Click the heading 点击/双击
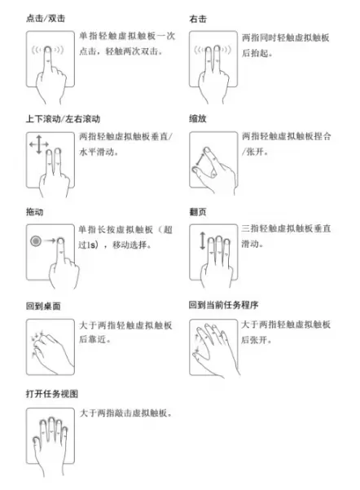point(46,19)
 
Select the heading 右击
point(198,19)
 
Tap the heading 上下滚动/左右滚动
point(63,119)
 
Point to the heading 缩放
point(198,119)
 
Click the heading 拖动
point(34,212)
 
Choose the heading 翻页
point(198,212)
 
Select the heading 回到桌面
point(43,306)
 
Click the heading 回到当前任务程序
point(223,305)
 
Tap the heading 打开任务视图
point(52,394)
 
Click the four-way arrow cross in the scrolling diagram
point(39,144)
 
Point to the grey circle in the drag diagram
point(36,241)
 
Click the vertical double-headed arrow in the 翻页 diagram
point(203,241)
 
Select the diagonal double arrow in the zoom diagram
point(200,159)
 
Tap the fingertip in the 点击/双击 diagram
point(48,50)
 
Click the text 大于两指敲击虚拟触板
point(123,413)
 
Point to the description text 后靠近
point(92,339)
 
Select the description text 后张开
point(254,339)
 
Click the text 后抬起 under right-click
point(255,53)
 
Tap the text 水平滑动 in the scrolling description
point(97,152)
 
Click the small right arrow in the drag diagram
point(50,241)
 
